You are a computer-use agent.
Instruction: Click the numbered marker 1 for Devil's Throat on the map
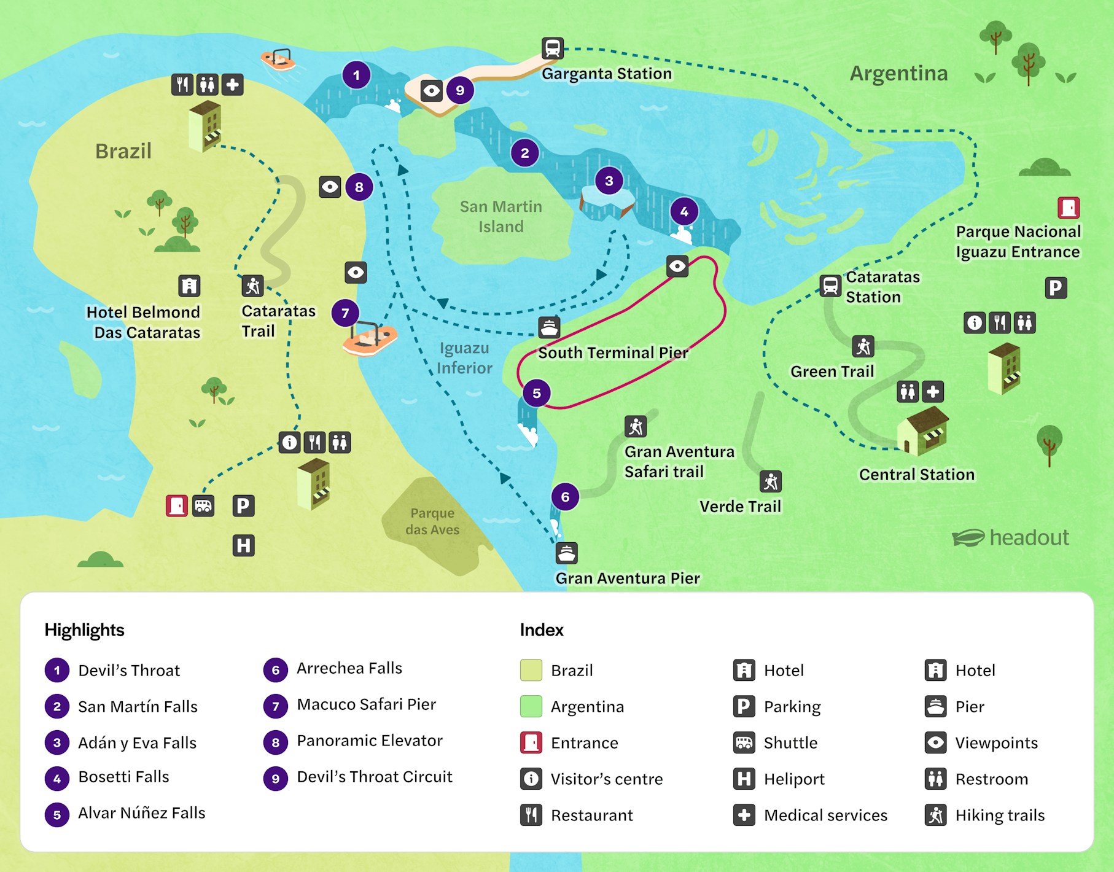coord(356,76)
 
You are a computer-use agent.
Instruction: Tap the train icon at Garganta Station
coord(552,48)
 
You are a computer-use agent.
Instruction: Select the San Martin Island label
coord(501,216)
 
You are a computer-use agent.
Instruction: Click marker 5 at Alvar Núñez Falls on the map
coord(537,393)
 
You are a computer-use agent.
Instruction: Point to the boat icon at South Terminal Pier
coord(549,328)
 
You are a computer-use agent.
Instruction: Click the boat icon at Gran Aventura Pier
coord(566,553)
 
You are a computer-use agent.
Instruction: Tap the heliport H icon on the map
coord(243,545)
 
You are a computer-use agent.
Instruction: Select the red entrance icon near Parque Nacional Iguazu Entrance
coord(1069,208)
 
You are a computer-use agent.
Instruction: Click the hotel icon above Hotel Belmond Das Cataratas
coord(189,286)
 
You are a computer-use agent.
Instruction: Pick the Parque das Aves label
coord(432,521)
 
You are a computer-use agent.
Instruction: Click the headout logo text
coord(1029,537)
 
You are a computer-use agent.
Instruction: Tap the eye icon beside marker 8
coord(330,187)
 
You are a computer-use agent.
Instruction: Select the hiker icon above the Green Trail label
coord(863,346)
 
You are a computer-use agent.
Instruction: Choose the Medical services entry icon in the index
coord(744,815)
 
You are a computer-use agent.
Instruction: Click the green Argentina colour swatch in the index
coord(531,706)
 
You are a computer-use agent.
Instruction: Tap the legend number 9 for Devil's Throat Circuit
coord(275,779)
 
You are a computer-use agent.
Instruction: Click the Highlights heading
coord(84,630)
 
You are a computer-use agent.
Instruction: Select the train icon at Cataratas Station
coord(830,286)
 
